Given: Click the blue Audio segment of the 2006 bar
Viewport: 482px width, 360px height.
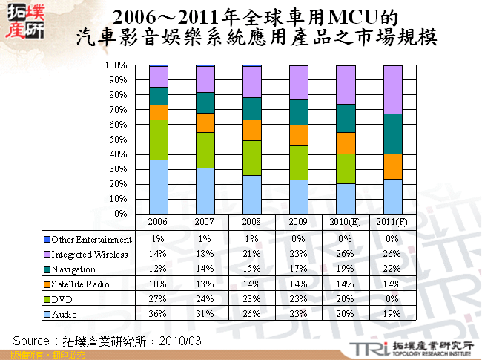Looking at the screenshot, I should [x=158, y=186].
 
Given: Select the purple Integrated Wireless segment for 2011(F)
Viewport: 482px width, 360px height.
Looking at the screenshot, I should [x=392, y=90].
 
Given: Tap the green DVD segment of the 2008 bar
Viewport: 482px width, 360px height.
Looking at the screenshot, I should [x=251, y=157].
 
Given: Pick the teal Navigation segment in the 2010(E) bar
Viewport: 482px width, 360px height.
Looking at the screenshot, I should [x=346, y=118].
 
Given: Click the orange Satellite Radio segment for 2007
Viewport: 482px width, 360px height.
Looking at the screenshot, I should [x=205, y=122].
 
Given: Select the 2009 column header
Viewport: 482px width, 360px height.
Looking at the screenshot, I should [x=298, y=222].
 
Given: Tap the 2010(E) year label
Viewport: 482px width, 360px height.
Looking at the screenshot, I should [x=346, y=222].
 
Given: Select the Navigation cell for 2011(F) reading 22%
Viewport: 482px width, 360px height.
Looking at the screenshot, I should [x=392, y=269].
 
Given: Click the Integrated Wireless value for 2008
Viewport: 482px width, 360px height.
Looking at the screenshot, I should [x=251, y=255].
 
